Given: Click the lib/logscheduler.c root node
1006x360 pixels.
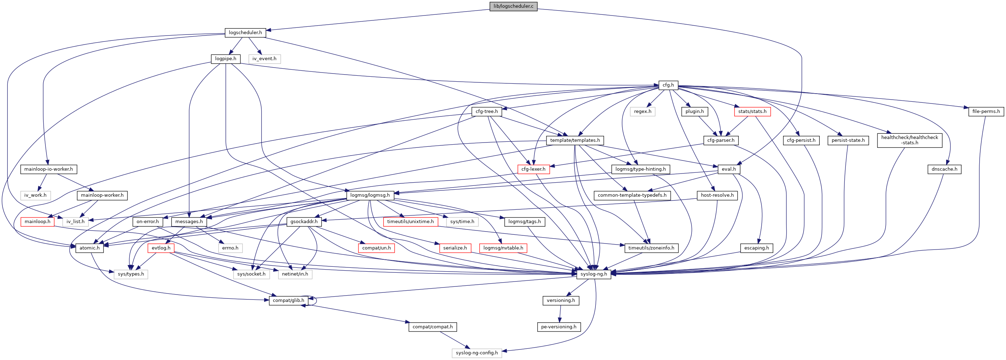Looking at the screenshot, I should [513, 6].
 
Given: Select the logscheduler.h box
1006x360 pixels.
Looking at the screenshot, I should [245, 32].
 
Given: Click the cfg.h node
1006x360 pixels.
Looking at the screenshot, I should [668, 85].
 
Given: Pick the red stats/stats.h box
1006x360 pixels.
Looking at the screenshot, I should [752, 112].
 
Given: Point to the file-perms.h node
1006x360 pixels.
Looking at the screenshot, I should [986, 112].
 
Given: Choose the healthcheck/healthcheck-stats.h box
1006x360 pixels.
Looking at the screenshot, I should [910, 140].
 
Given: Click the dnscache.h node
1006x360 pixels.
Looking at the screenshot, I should [944, 169].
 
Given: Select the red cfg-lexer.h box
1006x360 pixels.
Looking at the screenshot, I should [533, 169].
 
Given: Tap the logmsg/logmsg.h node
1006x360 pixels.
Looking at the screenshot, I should [370, 195].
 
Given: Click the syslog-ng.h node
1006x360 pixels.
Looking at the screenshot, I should [594, 274].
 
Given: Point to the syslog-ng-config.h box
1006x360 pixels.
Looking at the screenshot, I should [477, 353].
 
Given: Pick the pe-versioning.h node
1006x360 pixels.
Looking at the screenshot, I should [558, 327].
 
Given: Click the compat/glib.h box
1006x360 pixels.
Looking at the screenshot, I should [288, 301].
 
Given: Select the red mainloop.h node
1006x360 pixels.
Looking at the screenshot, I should [37, 222].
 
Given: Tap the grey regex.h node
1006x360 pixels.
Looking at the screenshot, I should [642, 112].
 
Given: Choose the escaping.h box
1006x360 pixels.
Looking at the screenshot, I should [756, 248].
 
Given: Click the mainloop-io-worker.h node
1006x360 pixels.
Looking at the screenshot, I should [49, 169].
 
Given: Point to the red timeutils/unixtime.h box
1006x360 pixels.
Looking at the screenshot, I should [410, 222].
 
